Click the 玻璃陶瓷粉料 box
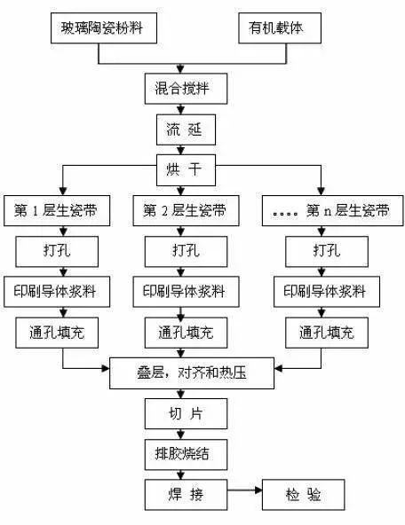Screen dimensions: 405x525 pyautogui.click(x=104, y=28)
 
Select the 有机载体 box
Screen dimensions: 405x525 pyautogui.click(x=280, y=28)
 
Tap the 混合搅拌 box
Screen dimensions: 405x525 pyautogui.click(x=186, y=89)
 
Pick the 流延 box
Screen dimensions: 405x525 pyautogui.click(x=186, y=129)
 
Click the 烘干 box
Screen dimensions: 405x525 pyautogui.click(x=186, y=170)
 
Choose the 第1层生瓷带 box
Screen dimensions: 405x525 pyautogui.click(x=57, y=210)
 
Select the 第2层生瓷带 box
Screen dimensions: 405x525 pyautogui.click(x=186, y=210)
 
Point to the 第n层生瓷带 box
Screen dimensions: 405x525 pyautogui.click(x=332, y=210)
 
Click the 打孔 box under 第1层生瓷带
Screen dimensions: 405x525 pyautogui.click(x=57, y=252)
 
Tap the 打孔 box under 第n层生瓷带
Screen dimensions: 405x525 pyautogui.click(x=327, y=252)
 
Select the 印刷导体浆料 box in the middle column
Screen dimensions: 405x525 pyautogui.click(x=186, y=292)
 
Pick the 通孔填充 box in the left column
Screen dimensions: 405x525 pyautogui.click(x=57, y=333)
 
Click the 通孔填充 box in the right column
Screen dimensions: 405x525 pyautogui.click(x=327, y=333)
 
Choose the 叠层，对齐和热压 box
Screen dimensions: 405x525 pyautogui.click(x=192, y=373)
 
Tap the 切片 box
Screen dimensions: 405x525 pyautogui.click(x=186, y=413)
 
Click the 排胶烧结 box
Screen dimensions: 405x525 pyautogui.click(x=186, y=454)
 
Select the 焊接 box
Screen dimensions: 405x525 pyautogui.click(x=186, y=495)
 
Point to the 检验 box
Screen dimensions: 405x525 pyautogui.click(x=303, y=495)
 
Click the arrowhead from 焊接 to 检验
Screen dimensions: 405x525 pyautogui.click(x=258, y=490)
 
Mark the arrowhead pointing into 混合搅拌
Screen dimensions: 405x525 pyautogui.click(x=180, y=70)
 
